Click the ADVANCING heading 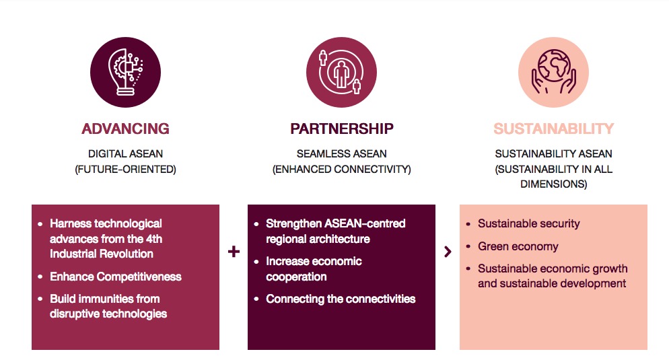[x=125, y=129]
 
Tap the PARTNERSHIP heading [x=342, y=129]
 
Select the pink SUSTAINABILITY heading [x=553, y=129]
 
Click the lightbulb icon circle [x=125, y=72]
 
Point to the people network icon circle [x=341, y=72]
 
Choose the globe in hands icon [x=553, y=72]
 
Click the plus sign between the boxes [x=234, y=251]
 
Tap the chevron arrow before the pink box [x=448, y=252]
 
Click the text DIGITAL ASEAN [x=125, y=153]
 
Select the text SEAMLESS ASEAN [x=342, y=153]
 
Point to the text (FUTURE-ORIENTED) [x=125, y=170]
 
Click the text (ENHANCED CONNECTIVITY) [x=342, y=170]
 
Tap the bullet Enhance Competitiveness [x=116, y=277]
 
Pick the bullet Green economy [x=518, y=246]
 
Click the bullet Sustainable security [x=528, y=223]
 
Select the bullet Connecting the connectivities [x=341, y=299]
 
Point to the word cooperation [x=296, y=277]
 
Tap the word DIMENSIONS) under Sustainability [x=553, y=184]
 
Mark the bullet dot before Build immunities [x=40, y=299]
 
